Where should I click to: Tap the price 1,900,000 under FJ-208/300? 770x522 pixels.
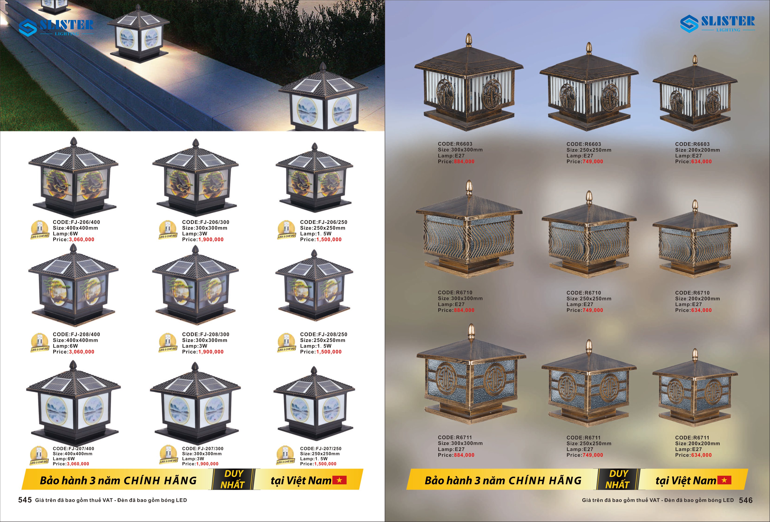pos(211,352)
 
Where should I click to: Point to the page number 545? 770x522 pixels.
pos(25,500)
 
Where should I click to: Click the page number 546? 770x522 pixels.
pos(746,500)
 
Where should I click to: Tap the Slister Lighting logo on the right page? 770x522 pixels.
pos(718,23)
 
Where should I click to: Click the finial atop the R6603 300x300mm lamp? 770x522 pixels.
pos(469,40)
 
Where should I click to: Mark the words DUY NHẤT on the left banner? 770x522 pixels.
pos(233,479)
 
